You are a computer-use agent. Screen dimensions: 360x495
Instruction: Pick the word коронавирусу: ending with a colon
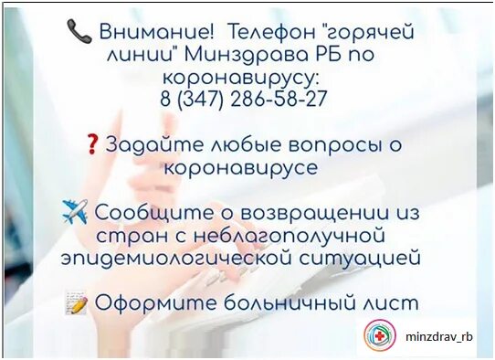243,78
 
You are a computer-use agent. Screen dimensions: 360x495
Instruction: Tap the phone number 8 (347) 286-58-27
243,100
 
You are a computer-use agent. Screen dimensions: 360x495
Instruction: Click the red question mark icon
91,144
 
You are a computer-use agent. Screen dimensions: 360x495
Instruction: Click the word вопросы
326,144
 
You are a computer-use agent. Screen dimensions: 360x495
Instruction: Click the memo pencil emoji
77,302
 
